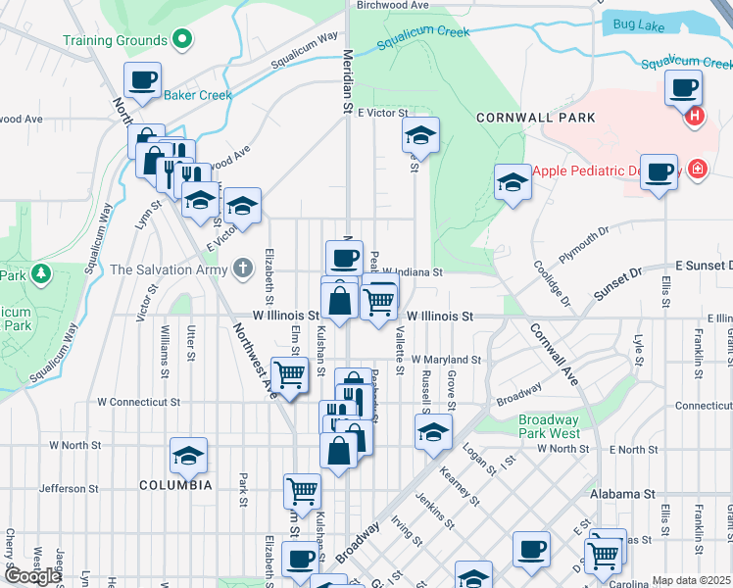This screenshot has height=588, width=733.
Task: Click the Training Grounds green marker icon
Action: [x=181, y=40]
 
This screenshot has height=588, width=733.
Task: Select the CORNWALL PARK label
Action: [x=522, y=117]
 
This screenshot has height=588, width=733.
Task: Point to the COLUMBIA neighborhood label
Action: [x=175, y=485]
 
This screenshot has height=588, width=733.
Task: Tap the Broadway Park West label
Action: [x=550, y=426]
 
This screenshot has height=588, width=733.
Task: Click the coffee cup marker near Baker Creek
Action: [x=142, y=80]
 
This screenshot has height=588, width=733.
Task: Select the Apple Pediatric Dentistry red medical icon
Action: [x=696, y=169]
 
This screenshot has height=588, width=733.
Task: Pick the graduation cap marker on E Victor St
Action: [x=420, y=135]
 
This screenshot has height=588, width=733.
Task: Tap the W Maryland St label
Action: [x=446, y=360]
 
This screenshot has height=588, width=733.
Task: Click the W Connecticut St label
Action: [x=138, y=402]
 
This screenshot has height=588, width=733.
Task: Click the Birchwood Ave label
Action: [x=394, y=5]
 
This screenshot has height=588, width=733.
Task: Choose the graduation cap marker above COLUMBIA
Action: [x=188, y=455]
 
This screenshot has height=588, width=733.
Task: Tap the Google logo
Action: [x=33, y=576]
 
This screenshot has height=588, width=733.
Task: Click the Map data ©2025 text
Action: [x=691, y=580]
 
